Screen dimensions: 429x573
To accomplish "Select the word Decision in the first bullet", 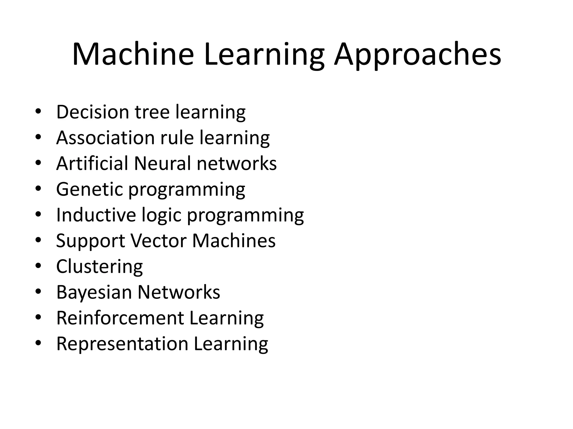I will [93, 112].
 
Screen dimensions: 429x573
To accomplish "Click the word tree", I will [152, 112].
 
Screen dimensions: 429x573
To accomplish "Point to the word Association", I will [105, 137].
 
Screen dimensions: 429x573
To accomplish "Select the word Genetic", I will [89, 189].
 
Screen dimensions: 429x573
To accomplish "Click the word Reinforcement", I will [120, 318].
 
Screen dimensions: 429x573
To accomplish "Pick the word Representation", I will [122, 344].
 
